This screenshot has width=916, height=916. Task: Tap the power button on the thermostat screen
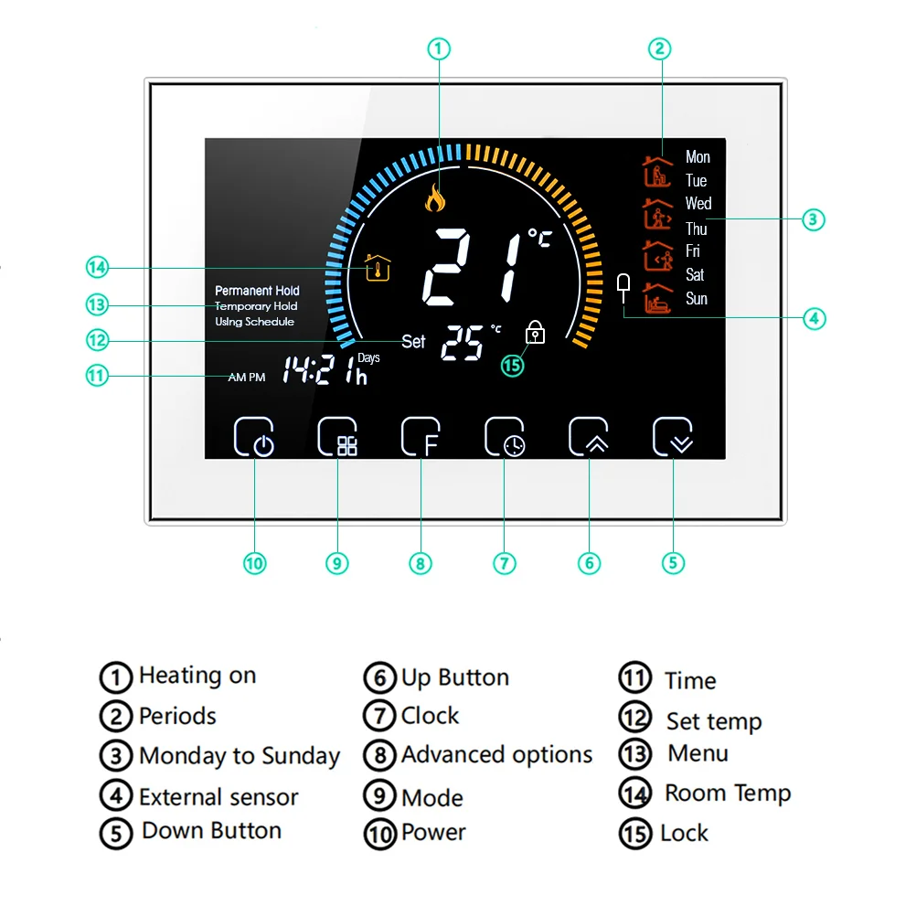(x=254, y=437)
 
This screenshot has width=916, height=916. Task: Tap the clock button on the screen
(x=505, y=437)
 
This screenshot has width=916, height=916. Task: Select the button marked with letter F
(x=421, y=437)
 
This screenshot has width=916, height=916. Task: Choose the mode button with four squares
(x=337, y=437)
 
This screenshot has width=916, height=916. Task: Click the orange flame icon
(x=435, y=197)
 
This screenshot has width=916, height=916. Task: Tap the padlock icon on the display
(x=536, y=334)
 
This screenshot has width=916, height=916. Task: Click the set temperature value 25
(x=463, y=343)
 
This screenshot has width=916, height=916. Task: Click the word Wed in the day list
(x=698, y=204)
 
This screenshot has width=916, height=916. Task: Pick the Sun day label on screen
(x=697, y=299)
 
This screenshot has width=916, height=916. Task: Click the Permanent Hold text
(x=257, y=291)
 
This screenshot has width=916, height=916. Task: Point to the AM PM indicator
(x=247, y=377)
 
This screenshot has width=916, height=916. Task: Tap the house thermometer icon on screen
(x=378, y=268)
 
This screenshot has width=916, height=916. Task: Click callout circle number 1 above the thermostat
(x=440, y=48)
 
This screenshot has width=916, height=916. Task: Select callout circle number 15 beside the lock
(x=512, y=365)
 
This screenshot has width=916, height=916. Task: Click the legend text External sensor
(x=218, y=797)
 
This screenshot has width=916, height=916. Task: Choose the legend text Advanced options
(x=496, y=755)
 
